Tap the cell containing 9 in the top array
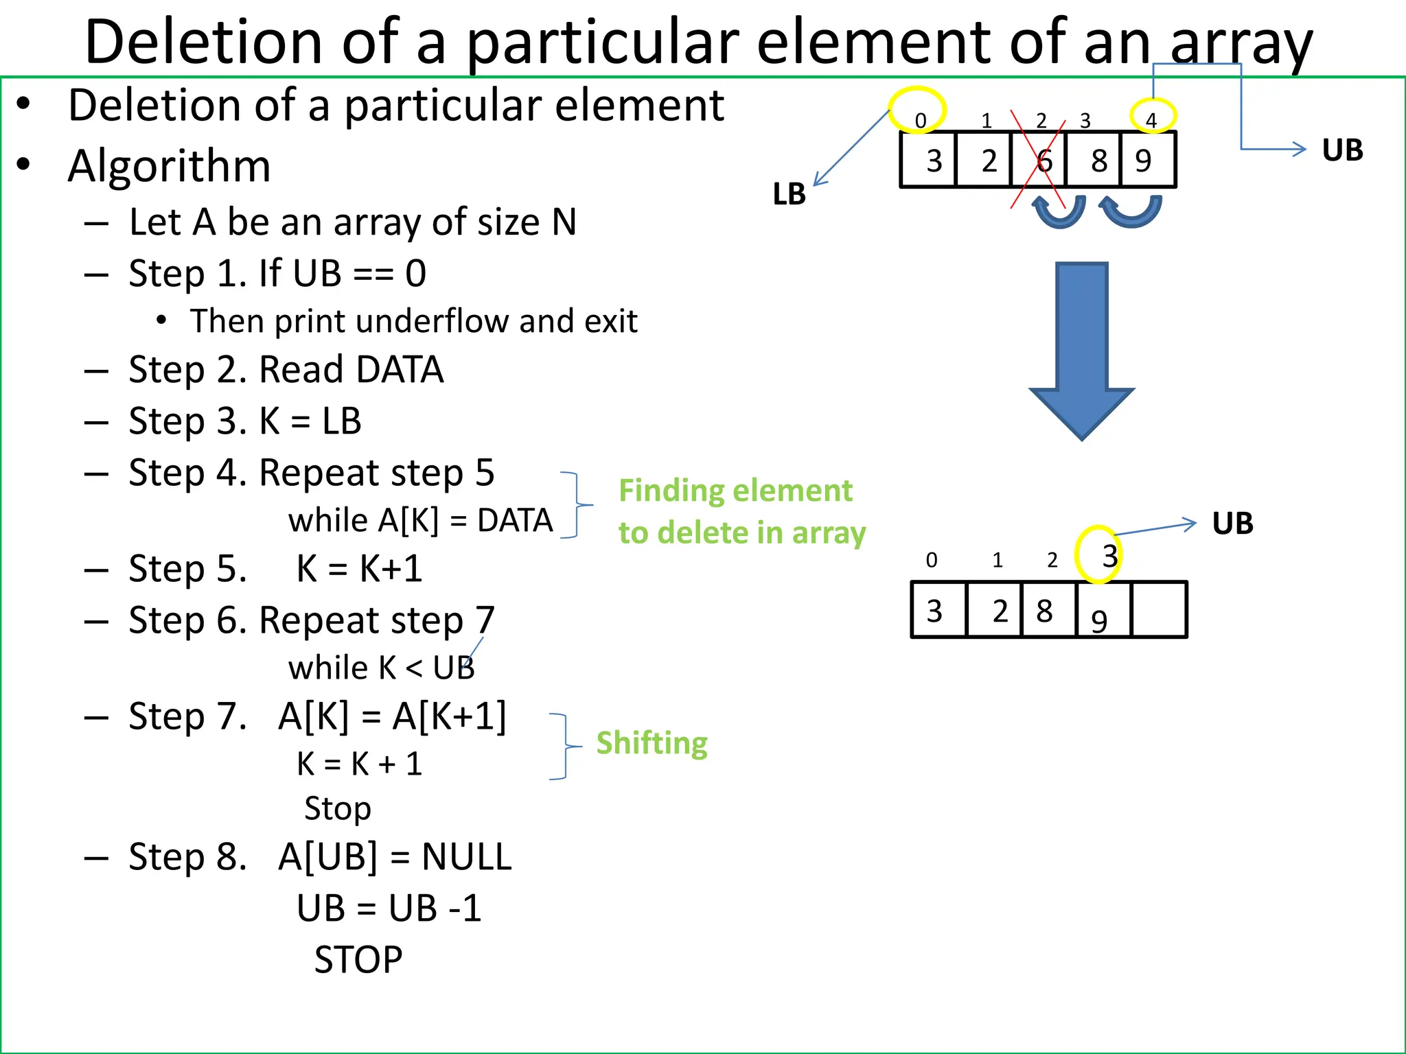[1146, 161]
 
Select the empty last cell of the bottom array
[1159, 610]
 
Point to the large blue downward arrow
[1082, 350]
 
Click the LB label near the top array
[790, 194]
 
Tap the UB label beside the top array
[1342, 150]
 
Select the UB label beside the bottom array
[1232, 524]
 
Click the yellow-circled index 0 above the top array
[919, 119]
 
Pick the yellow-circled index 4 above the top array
[1151, 119]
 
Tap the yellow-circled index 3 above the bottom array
[1108, 556]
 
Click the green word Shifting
[652, 743]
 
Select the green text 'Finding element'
[735, 491]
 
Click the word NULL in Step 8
[467, 857]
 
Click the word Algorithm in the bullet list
[169, 166]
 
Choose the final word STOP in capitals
[358, 959]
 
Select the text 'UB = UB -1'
[389, 908]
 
